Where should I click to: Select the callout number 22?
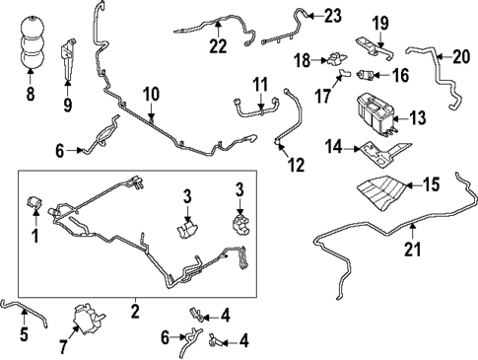tap(218, 45)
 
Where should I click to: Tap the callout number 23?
tap(332, 15)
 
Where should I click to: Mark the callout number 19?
tap(379, 22)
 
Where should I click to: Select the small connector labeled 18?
tap(331, 60)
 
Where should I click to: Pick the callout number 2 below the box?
tap(134, 309)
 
